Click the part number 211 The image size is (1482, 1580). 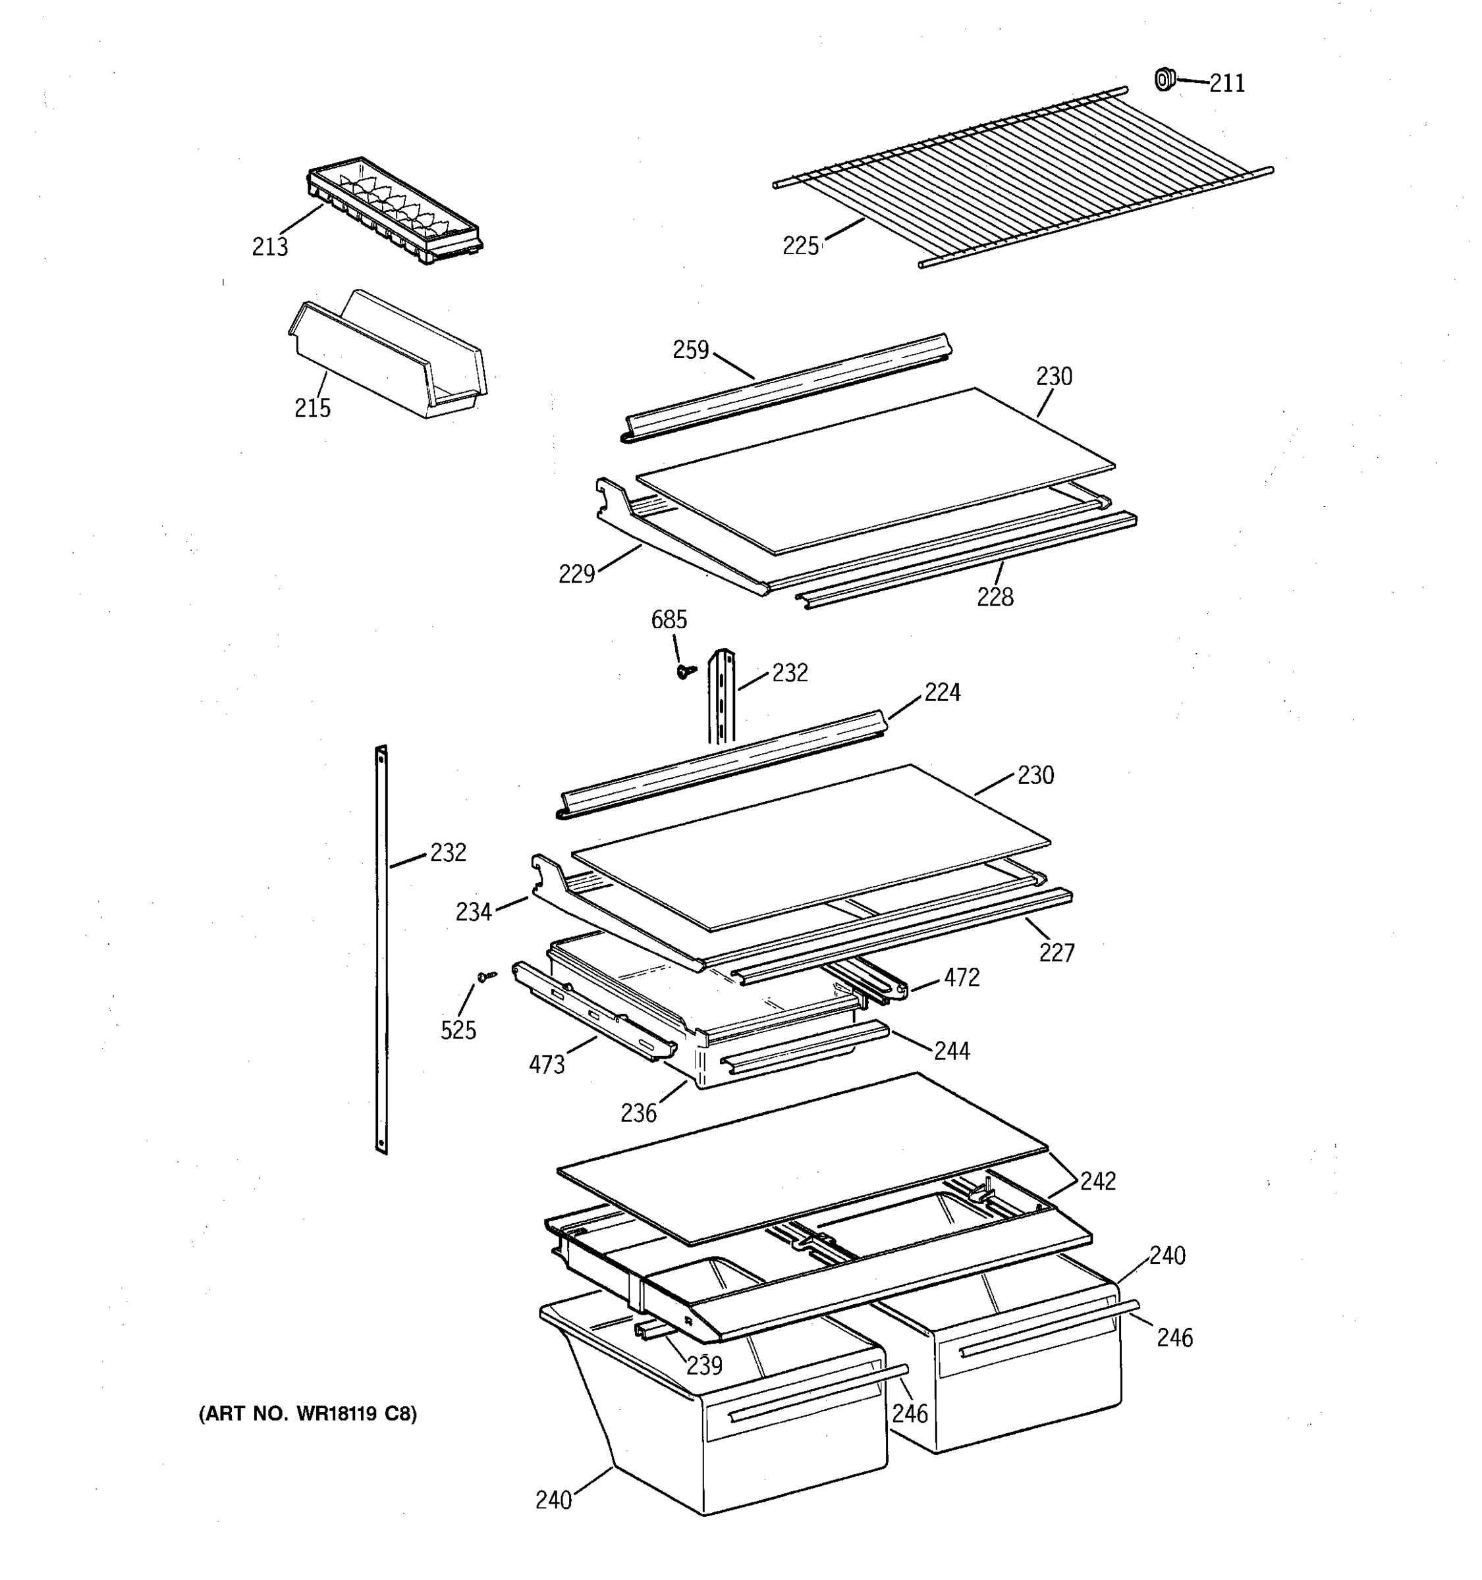[x=1227, y=84]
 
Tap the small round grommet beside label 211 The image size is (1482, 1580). [x=1164, y=80]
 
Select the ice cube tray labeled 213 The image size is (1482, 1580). [x=395, y=210]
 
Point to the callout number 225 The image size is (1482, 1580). [x=800, y=246]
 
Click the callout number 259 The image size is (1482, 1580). [x=690, y=350]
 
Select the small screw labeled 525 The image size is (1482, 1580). [x=484, y=975]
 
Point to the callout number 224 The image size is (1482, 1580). [x=942, y=693]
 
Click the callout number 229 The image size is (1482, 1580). [x=576, y=574]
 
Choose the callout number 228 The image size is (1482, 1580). [x=995, y=597]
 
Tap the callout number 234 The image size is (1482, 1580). [x=474, y=912]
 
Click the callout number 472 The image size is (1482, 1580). [x=961, y=978]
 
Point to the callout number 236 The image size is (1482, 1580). [x=638, y=1113]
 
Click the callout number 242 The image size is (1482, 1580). [x=1097, y=1182]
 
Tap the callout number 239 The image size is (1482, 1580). [x=703, y=1365]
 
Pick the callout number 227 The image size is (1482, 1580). [x=1056, y=952]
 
